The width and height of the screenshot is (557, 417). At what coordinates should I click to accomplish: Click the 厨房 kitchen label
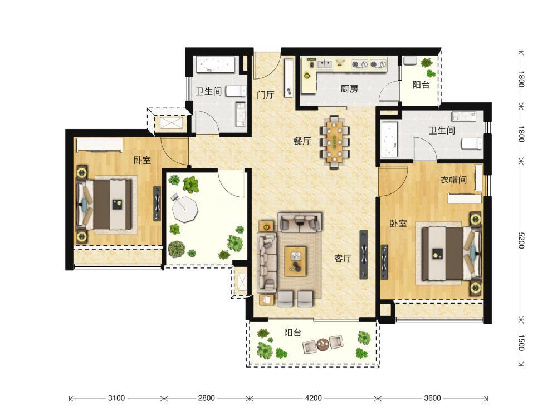(x=349, y=88)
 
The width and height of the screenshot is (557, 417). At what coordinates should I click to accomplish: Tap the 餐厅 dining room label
(x=302, y=141)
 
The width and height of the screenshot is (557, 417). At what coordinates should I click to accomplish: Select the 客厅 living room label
(x=343, y=259)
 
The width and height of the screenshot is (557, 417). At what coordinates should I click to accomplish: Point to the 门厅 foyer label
(x=266, y=95)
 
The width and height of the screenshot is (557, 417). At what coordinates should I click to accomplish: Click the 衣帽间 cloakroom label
(x=453, y=180)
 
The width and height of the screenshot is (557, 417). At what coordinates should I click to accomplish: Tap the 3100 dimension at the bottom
(x=116, y=398)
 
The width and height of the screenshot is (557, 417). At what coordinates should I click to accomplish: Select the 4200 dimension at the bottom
(x=313, y=398)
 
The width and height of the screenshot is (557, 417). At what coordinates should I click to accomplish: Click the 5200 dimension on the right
(x=521, y=240)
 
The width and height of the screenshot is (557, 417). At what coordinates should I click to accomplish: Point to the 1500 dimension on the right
(x=521, y=343)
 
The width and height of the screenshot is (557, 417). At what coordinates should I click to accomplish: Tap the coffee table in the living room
(x=295, y=261)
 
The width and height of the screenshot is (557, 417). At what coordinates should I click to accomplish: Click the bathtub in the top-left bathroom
(x=215, y=64)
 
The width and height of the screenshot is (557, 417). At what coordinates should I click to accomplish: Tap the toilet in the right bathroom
(x=472, y=143)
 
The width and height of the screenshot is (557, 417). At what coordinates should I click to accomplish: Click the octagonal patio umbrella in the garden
(x=184, y=209)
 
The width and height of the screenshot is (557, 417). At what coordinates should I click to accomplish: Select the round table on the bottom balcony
(x=323, y=345)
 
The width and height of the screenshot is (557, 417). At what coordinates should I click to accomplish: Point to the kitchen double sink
(x=325, y=64)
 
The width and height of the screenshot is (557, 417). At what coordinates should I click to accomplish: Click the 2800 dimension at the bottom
(x=207, y=398)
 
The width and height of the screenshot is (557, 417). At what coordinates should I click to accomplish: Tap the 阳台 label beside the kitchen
(x=421, y=85)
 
